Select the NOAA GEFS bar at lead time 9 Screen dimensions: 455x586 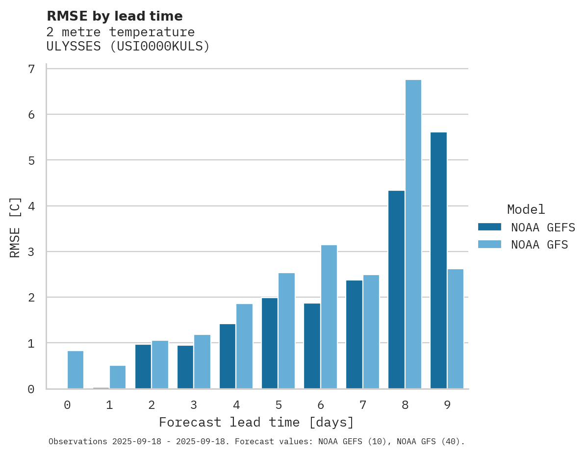coord(438,260)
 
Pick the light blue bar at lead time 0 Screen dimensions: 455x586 coord(76,370)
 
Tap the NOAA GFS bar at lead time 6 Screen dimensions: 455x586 coord(329,317)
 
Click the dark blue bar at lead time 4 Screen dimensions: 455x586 coord(228,356)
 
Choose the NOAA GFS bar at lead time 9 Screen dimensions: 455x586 coord(456,329)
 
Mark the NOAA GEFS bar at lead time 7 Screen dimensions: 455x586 coord(354,334)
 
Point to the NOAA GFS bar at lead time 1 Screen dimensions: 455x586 coord(118,377)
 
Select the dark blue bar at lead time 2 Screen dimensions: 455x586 coord(143,367)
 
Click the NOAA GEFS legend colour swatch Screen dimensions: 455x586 coord(489,227)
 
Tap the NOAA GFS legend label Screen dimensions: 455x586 coord(539,245)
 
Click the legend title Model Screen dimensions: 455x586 coord(526,210)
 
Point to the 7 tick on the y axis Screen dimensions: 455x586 coord(31,69)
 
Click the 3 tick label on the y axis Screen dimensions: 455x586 coord(31,252)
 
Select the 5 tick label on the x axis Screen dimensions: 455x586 coord(279,405)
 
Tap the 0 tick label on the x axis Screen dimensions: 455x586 coord(67,405)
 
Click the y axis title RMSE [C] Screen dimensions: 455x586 coord(16,227)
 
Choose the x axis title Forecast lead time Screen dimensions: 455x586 coord(256,422)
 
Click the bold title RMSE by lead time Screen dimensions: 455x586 coord(114,16)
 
